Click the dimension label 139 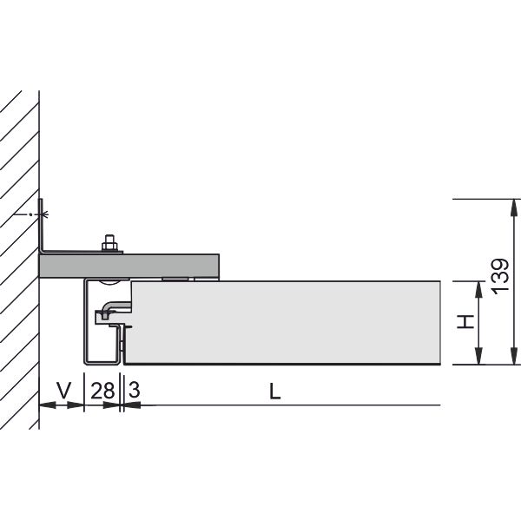(x=500, y=276)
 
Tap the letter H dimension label (x=465, y=321)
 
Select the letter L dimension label (x=274, y=392)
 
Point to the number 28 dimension (x=102, y=391)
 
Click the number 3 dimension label (x=134, y=390)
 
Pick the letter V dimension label (x=63, y=391)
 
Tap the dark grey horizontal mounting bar (x=129, y=267)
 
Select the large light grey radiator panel (x=286, y=322)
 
